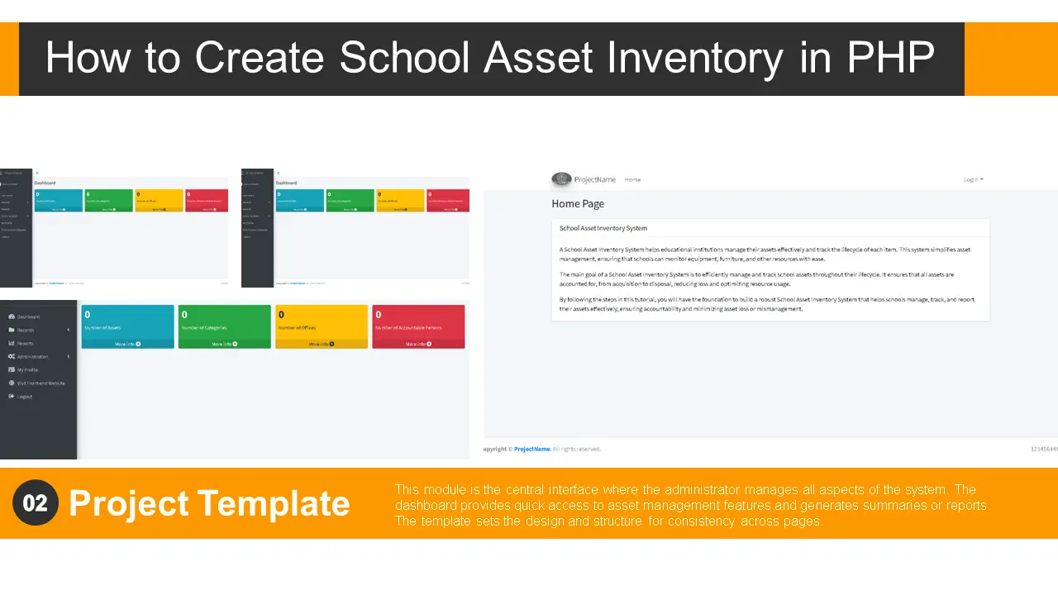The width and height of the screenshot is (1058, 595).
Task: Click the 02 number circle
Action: pos(36,502)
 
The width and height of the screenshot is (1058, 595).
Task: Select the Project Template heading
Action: pos(209,503)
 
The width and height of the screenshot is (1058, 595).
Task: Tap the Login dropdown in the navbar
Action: pos(973,179)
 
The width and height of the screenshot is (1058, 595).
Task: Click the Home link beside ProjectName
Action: pos(632,179)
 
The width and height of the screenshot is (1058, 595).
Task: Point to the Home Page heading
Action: pos(578,203)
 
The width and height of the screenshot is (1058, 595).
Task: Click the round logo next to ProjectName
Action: pos(561,179)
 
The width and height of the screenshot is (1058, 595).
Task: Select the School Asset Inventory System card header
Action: pos(603,228)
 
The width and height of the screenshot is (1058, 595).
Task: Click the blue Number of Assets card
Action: pos(127,322)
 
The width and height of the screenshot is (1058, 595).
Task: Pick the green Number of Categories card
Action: pos(224,322)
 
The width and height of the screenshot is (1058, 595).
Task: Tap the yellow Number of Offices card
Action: pos(321,322)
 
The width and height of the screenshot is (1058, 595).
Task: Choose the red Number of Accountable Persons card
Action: pos(418,322)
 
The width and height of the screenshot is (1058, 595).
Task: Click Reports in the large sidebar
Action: pos(26,343)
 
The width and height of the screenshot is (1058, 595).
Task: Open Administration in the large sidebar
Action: pos(32,356)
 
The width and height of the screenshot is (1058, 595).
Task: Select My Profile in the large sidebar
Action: pos(27,369)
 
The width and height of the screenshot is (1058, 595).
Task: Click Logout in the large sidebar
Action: pos(24,397)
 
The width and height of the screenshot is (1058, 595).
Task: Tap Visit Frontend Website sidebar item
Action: pos(41,383)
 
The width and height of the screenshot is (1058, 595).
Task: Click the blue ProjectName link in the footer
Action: pos(531,449)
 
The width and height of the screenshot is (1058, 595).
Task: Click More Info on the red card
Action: pos(418,344)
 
